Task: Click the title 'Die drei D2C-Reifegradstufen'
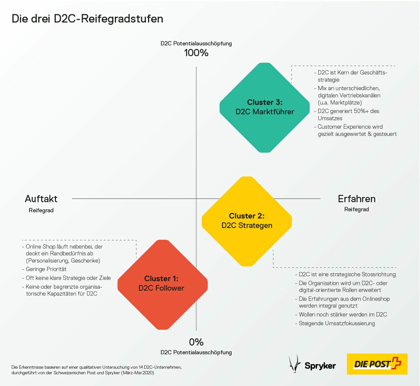(87, 19)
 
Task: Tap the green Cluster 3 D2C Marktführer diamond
(265, 107)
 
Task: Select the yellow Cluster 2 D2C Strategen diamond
(247, 221)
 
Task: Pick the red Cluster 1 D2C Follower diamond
(162, 284)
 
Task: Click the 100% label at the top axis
(196, 53)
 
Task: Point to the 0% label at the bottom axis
(196, 342)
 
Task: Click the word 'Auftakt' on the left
(41, 199)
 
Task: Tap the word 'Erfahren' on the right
(357, 199)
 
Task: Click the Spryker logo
(313, 364)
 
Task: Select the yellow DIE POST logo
(377, 364)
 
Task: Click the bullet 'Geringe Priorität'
(46, 269)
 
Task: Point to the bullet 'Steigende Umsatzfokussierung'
(337, 323)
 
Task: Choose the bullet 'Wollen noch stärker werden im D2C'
(342, 314)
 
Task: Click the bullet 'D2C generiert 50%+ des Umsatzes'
(348, 115)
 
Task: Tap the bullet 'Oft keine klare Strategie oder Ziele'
(68, 278)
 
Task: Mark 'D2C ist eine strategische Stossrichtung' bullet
(347, 274)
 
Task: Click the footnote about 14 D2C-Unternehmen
(96, 370)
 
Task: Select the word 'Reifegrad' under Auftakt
(41, 210)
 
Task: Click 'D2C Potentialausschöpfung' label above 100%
(196, 43)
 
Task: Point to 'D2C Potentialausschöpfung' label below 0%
(196, 352)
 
